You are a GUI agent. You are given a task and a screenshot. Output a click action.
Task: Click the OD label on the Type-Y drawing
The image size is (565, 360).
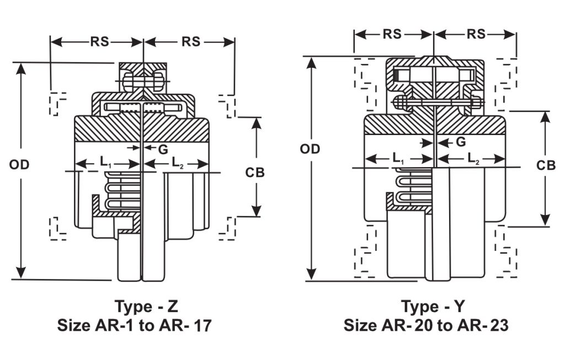310,149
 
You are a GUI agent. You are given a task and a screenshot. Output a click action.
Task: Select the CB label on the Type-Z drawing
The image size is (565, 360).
255,173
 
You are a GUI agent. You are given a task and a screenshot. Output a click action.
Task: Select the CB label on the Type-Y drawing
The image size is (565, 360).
546,165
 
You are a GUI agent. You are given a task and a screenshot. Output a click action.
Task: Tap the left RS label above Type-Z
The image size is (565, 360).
97,42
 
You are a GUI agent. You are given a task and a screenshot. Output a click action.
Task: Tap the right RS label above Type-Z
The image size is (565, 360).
191,42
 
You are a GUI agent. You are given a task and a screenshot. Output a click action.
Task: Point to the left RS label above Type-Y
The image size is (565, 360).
392,34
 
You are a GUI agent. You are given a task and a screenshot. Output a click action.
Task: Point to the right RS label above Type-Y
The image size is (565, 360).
476,34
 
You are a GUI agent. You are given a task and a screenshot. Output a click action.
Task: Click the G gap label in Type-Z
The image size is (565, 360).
163,149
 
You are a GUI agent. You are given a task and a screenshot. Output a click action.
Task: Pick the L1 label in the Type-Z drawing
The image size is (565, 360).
106,163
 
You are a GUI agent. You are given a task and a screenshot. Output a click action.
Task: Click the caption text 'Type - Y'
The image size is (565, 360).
433,306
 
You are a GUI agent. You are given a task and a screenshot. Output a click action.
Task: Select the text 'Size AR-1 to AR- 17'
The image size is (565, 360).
135,326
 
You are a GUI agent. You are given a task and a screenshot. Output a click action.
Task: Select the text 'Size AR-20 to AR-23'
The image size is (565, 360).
425,326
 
